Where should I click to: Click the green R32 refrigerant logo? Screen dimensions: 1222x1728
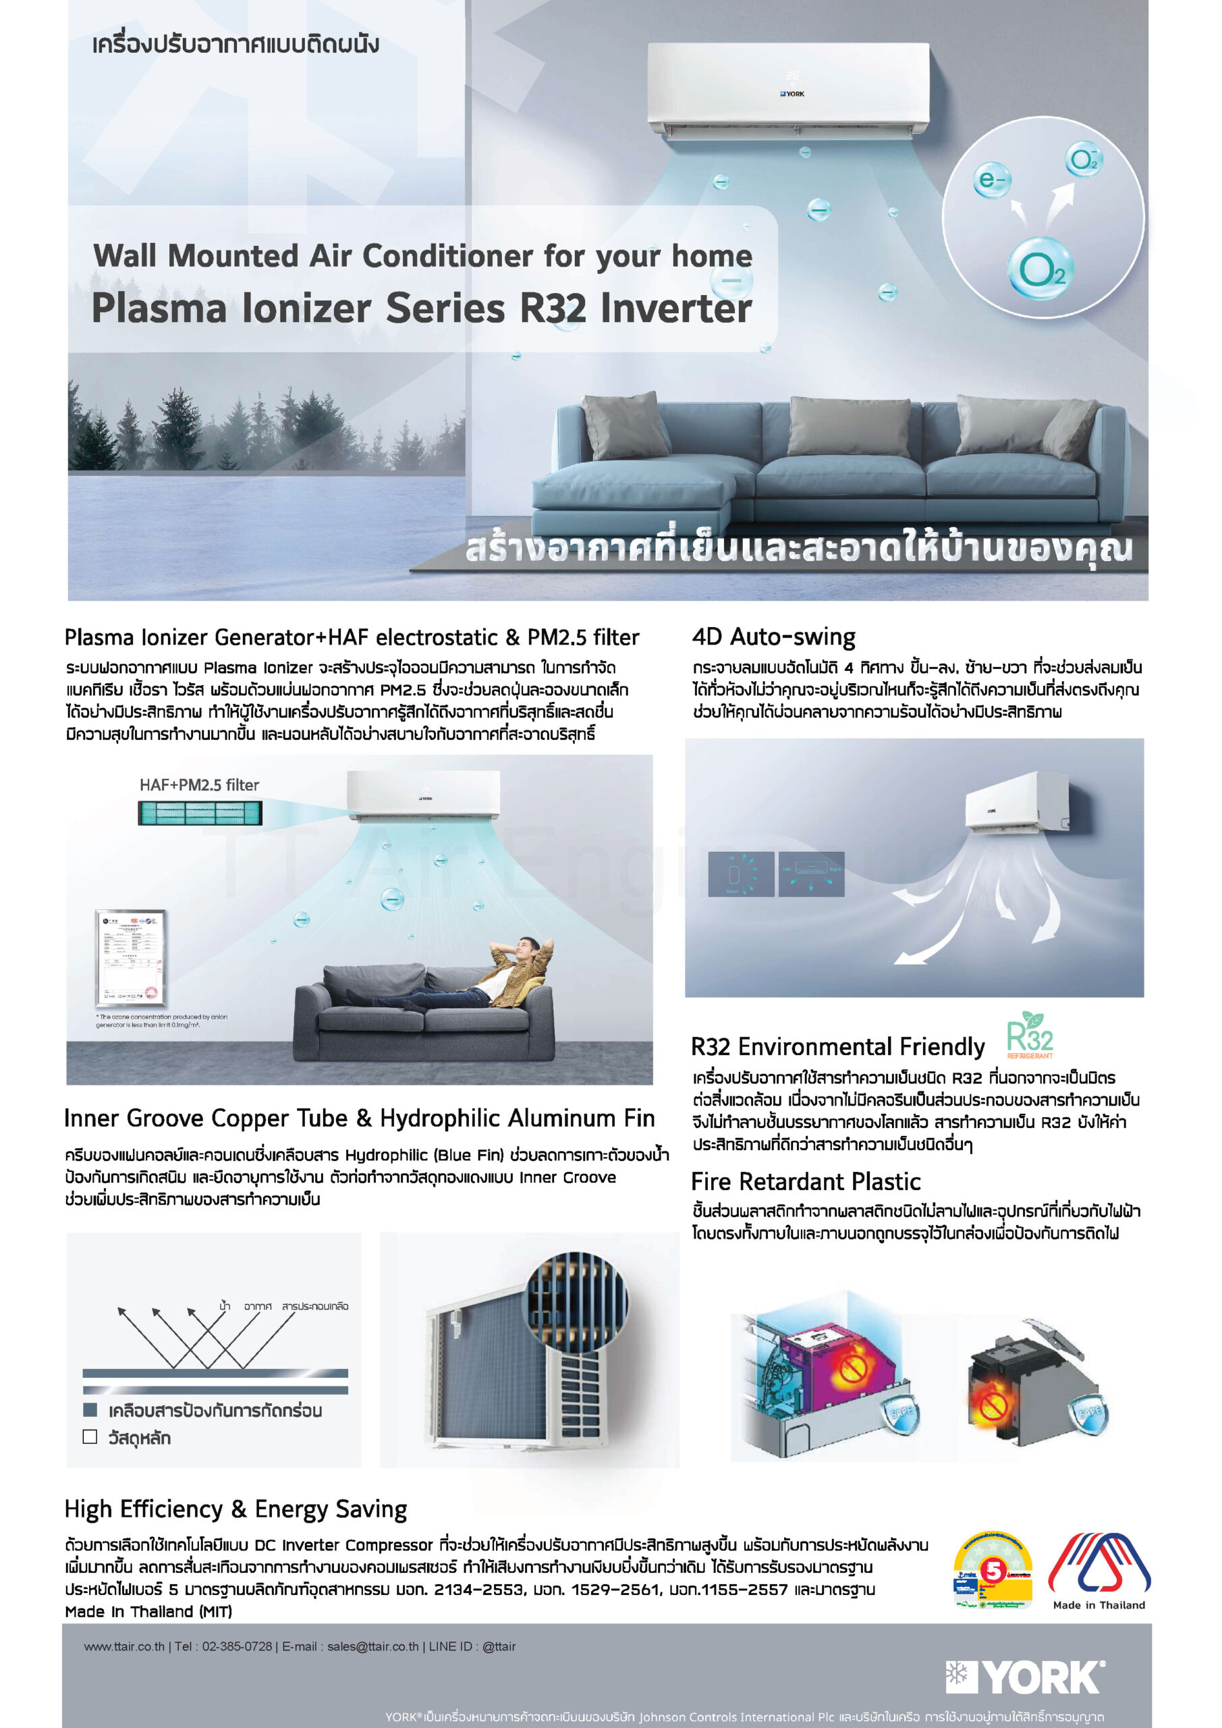pos(1030,1035)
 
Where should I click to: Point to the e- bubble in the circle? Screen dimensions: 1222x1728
pos(991,180)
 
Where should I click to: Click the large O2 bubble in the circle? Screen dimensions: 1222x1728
pos(1041,269)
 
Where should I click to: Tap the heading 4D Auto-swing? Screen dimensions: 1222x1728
pos(773,637)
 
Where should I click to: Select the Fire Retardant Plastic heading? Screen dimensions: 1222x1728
pos(805,1182)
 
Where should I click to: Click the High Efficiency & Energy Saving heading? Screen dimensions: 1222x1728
pos(235,1509)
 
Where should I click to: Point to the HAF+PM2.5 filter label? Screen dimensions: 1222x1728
pos(200,785)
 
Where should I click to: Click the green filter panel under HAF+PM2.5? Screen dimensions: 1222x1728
pos(200,813)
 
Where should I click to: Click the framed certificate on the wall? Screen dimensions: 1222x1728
pos(130,957)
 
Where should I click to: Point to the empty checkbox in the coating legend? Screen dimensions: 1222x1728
pos(90,1437)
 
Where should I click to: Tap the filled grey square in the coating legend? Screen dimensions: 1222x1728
pos(90,1409)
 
